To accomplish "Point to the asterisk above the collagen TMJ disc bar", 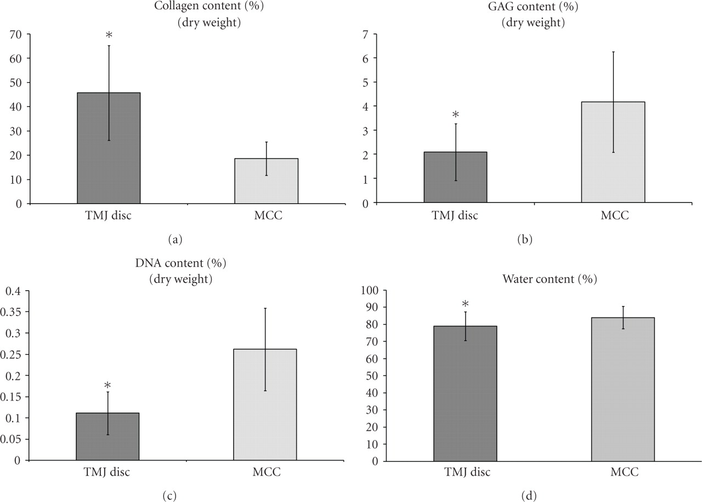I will [109, 36].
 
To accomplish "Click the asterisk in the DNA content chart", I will [108, 385].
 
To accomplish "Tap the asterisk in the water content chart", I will [465, 304].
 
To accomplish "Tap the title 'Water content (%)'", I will [550, 279].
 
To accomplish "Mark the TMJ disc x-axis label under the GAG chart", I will [455, 215].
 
